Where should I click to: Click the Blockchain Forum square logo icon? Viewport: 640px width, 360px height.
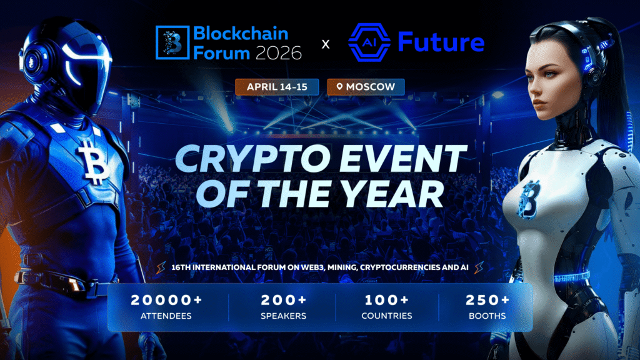click(171, 43)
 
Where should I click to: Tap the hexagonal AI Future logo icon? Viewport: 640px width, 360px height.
click(369, 43)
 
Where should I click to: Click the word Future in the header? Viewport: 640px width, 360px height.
click(441, 43)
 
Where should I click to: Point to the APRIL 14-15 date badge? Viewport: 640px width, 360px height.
click(277, 86)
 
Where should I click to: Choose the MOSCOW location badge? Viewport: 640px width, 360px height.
click(366, 86)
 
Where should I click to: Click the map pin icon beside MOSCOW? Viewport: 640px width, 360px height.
click(339, 86)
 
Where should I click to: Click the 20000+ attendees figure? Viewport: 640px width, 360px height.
click(166, 300)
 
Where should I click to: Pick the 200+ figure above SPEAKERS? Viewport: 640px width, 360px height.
click(283, 300)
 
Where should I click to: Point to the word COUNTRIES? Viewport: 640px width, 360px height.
click(387, 316)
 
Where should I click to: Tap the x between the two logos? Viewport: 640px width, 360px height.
click(325, 44)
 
